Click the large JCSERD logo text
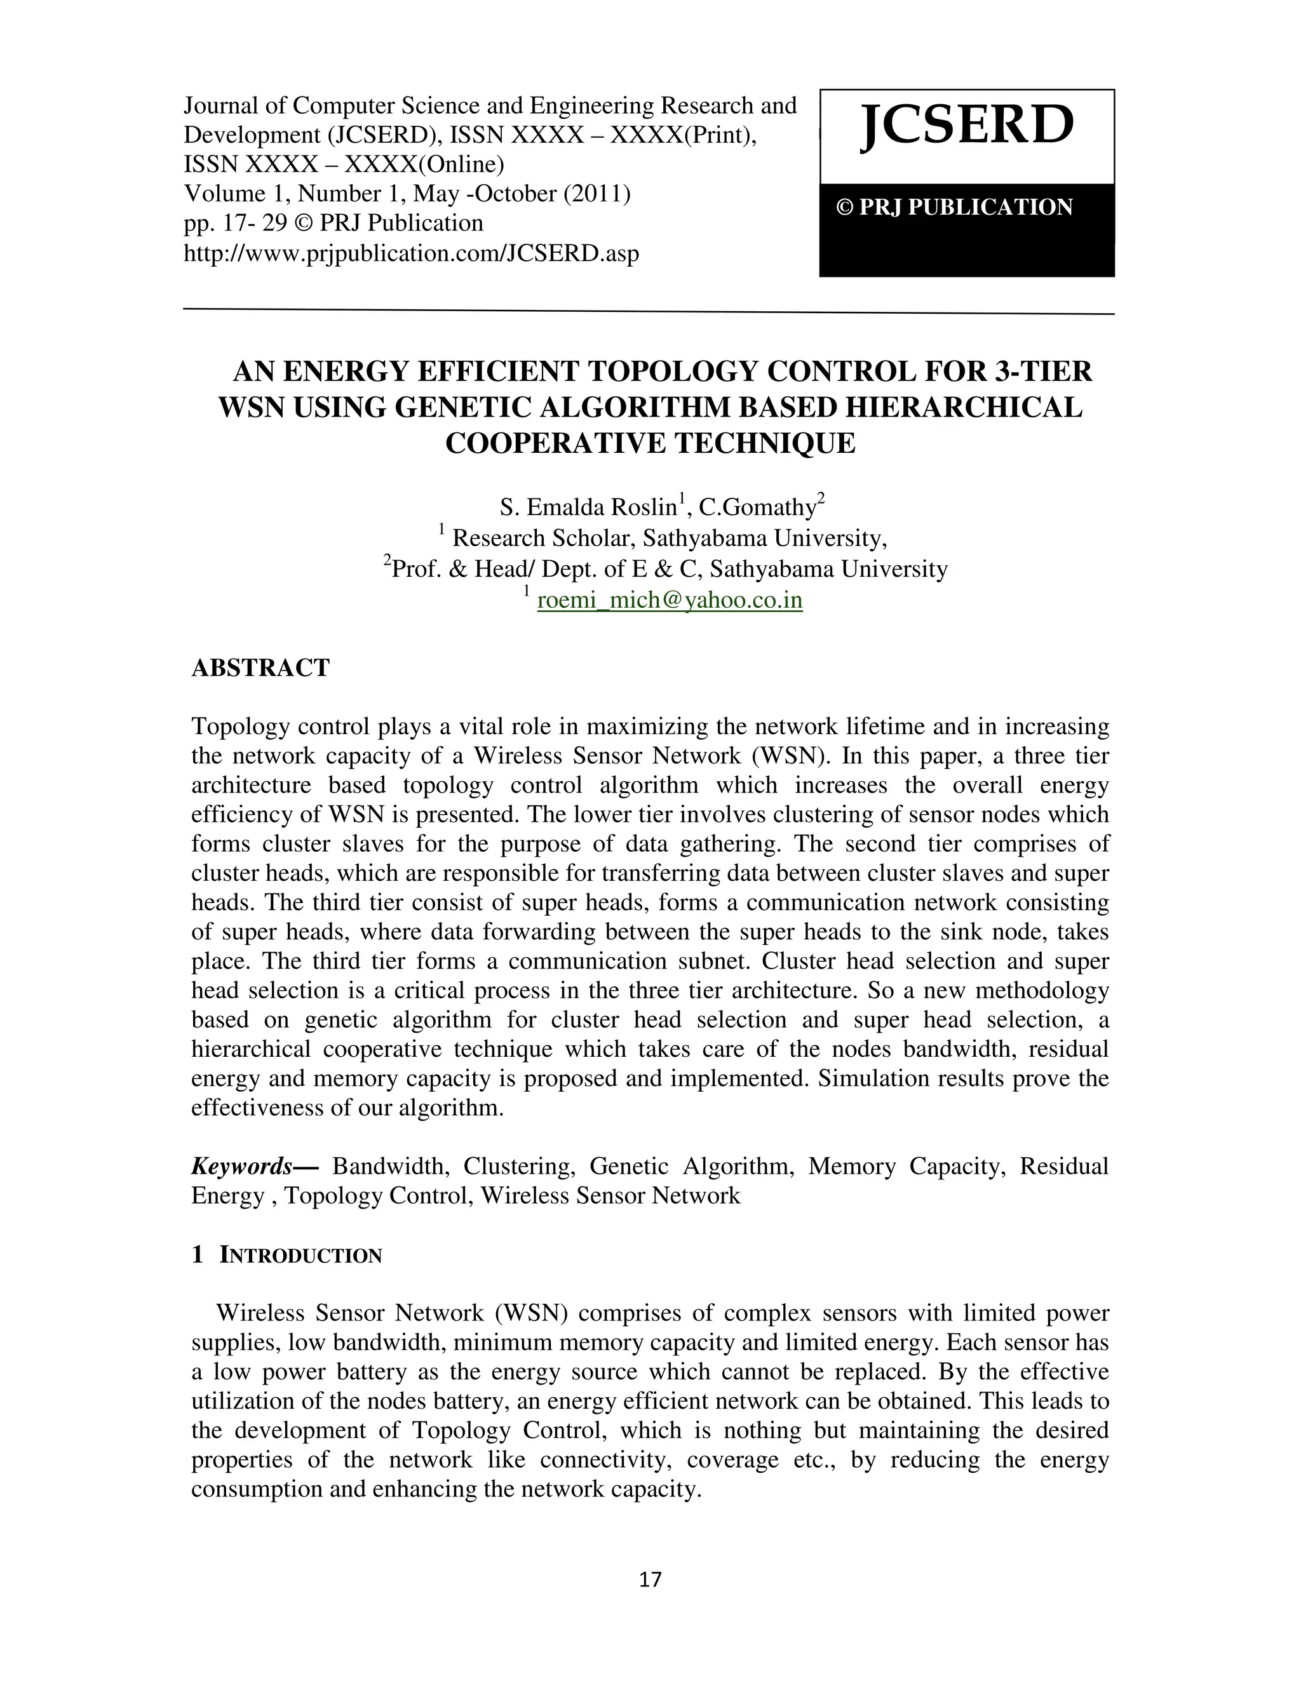966,126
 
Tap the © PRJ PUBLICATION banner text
955,207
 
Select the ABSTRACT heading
260,667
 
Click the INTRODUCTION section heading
300,1256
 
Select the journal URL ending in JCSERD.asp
411,253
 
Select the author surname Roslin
643,508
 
